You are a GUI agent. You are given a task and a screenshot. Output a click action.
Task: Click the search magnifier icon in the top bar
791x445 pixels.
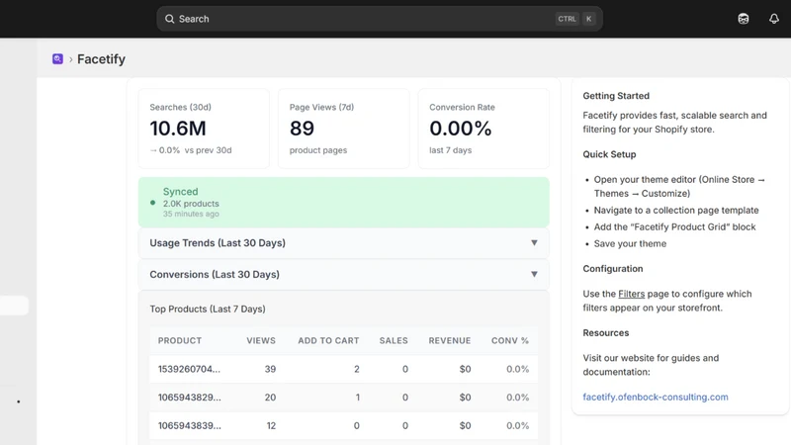click(x=169, y=19)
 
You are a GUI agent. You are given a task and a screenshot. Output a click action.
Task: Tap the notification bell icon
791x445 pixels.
click(x=774, y=19)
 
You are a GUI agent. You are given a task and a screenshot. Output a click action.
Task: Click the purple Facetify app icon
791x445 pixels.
click(x=57, y=59)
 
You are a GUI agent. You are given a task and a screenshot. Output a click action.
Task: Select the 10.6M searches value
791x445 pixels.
click(x=178, y=129)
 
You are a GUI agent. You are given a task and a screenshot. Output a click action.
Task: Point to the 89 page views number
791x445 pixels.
click(x=302, y=129)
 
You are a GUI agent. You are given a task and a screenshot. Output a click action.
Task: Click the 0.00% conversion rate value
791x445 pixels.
click(x=460, y=129)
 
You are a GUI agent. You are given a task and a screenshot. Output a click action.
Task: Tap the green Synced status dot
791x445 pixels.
click(x=153, y=203)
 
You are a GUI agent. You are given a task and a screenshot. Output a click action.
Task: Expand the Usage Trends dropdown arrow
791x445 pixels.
click(x=534, y=242)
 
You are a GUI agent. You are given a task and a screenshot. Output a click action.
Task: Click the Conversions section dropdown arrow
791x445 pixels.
click(x=534, y=274)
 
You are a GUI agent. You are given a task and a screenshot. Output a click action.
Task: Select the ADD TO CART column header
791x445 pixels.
click(x=328, y=340)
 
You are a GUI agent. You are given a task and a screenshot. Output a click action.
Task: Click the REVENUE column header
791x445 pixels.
click(x=450, y=340)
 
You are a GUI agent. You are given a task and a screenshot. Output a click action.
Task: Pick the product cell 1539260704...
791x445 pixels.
click(x=189, y=369)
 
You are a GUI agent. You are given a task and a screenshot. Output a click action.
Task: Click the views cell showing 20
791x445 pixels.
click(x=270, y=398)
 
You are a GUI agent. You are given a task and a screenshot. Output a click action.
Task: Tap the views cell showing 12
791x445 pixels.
click(x=271, y=425)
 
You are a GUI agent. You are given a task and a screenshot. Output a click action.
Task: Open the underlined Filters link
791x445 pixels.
click(x=631, y=294)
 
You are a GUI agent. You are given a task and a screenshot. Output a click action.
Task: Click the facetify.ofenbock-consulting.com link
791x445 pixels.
click(x=656, y=397)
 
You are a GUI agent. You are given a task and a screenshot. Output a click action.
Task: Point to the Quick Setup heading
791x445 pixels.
click(x=609, y=154)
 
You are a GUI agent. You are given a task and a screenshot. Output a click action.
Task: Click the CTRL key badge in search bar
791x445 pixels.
click(x=567, y=19)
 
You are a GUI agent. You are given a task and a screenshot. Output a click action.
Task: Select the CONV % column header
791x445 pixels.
click(x=510, y=340)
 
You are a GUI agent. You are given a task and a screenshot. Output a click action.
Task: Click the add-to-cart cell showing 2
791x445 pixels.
click(x=357, y=369)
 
